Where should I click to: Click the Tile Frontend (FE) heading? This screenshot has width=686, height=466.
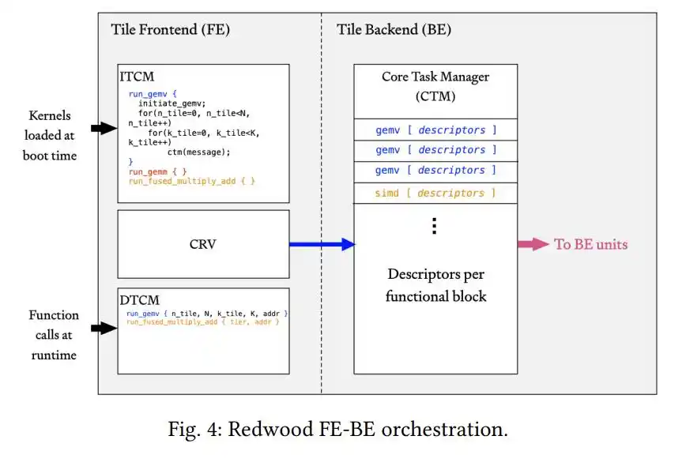(170, 30)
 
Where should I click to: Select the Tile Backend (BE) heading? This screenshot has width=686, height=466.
(394, 30)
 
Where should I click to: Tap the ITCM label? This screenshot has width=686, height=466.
(137, 77)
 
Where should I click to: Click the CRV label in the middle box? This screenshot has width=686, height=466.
(203, 244)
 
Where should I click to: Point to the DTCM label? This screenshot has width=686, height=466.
(140, 300)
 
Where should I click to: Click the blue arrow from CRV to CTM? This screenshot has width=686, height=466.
(322, 244)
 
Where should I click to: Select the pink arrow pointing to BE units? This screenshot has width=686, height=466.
(533, 244)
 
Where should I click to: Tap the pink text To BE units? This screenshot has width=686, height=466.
(590, 244)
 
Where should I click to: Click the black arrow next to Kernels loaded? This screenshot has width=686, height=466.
(104, 128)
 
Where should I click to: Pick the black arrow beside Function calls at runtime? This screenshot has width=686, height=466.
(104, 328)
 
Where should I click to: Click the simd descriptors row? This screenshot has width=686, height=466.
(435, 193)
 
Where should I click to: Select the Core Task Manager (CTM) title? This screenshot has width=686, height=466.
(435, 86)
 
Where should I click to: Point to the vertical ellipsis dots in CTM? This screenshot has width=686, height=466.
(434, 226)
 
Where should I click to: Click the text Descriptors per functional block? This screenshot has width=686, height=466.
(435, 285)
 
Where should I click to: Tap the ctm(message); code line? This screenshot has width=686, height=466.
(198, 152)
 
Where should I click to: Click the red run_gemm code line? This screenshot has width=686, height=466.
(157, 171)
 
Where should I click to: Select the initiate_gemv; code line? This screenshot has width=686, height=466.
(172, 103)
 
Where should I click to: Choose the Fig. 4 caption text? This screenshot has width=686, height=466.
(337, 429)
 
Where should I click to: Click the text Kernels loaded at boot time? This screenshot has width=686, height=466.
(50, 136)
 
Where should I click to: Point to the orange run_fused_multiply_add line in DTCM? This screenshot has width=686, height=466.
(202, 321)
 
